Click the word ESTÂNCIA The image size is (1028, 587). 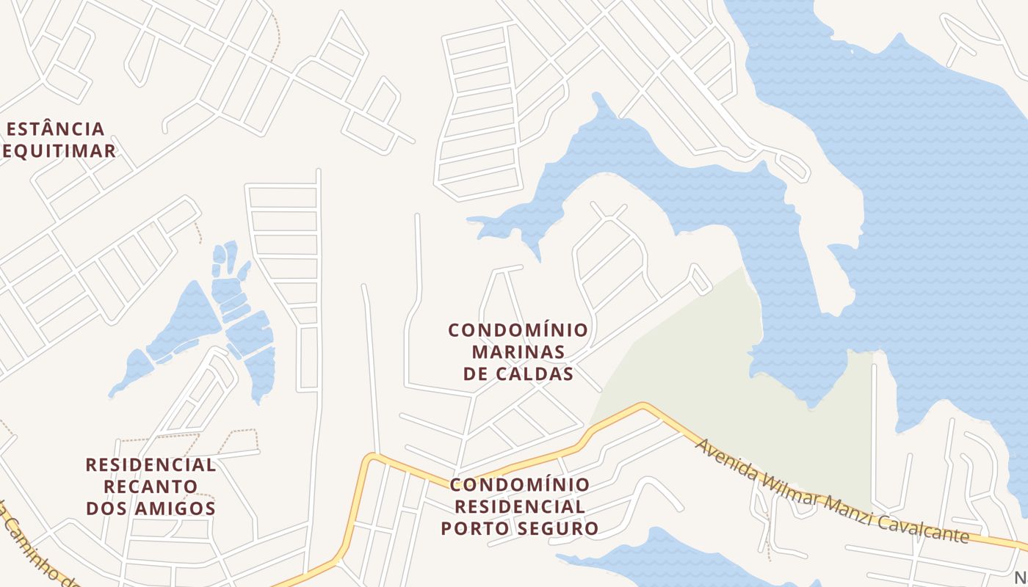pos(56,130)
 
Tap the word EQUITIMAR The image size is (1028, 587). pos(59,152)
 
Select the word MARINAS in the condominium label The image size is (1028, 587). pos(518,352)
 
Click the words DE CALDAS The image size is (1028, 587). pos(518,374)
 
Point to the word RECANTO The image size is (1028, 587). pos(151,486)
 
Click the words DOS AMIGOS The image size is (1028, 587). pos(151,508)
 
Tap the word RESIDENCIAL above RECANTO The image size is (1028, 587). pos(151,465)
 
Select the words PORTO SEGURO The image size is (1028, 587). pos(519,528)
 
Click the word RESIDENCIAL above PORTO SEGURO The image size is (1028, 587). pos(519,506)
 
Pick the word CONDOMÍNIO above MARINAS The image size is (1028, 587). pos(518,330)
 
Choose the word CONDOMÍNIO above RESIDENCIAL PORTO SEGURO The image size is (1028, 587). pos(519,485)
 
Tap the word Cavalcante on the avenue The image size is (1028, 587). pos(927,525)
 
